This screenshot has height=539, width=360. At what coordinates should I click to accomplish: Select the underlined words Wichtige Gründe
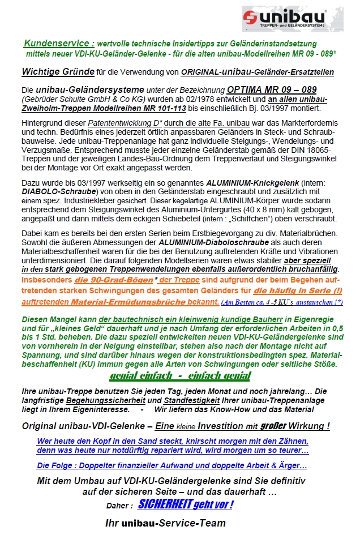click(57, 72)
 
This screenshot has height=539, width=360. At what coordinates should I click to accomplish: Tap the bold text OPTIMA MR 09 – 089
click(272, 89)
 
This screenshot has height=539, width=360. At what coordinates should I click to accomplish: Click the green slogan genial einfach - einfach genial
click(180, 375)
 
